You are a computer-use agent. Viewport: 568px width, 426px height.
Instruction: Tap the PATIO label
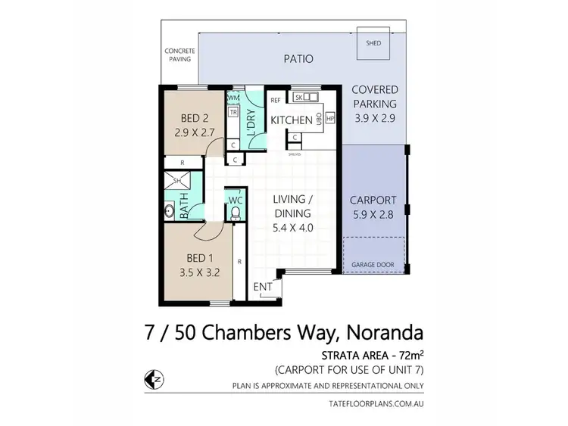298,58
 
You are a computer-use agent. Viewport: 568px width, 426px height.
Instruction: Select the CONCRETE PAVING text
179,57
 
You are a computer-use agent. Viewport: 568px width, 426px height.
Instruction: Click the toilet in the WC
236,214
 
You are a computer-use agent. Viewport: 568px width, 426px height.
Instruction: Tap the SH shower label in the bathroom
178,182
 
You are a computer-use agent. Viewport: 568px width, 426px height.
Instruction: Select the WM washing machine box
234,98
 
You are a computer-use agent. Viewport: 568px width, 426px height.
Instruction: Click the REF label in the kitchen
276,100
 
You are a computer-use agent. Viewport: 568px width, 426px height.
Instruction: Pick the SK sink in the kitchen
299,98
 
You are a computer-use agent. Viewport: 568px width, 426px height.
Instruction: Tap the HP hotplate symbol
329,120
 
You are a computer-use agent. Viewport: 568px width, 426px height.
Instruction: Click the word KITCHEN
291,120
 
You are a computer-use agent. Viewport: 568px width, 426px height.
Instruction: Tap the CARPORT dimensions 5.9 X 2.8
373,214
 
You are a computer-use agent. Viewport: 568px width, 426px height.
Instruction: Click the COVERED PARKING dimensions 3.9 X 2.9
375,118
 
